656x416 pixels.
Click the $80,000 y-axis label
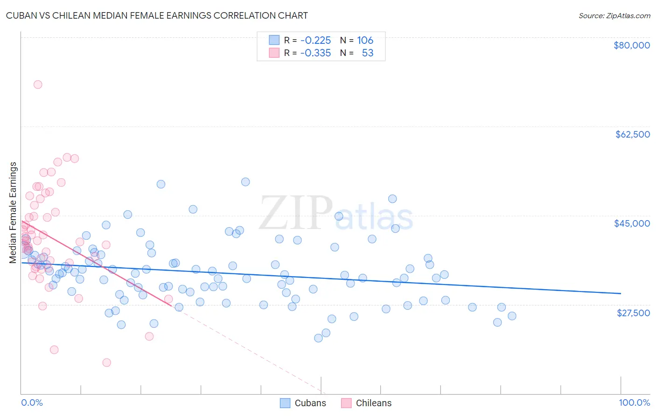tap(631, 45)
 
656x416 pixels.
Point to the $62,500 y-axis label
tap(632, 134)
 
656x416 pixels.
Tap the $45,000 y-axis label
tap(632, 223)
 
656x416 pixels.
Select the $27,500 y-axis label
tap(633, 312)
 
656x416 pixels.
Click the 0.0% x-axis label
tap(32, 402)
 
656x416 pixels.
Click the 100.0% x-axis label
tap(634, 402)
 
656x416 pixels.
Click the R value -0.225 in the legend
tap(315, 40)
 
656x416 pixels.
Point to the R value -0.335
tap(315, 53)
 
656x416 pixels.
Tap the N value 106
tap(365, 40)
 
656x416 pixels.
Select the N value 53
tap(367, 53)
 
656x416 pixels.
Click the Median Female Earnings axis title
tap(13, 213)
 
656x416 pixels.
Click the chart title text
tap(157, 15)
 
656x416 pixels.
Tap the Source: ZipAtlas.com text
tap(614, 15)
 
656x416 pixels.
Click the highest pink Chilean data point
tap(38, 84)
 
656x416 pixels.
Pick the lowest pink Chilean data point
tap(106, 362)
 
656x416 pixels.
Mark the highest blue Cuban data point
tap(245, 182)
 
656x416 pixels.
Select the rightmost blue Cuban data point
tap(512, 316)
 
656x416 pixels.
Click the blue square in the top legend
tap(274, 40)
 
